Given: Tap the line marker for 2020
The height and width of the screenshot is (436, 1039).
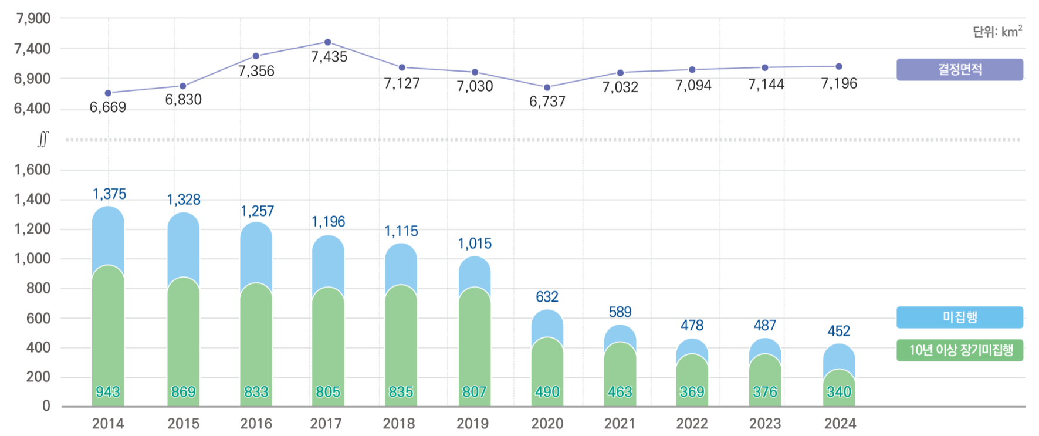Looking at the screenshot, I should tap(547, 87).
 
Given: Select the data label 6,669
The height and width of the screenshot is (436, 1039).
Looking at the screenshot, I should tap(108, 107).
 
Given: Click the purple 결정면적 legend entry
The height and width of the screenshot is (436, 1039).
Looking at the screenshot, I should tap(959, 69).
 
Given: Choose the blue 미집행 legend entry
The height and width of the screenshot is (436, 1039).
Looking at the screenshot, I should tap(959, 317).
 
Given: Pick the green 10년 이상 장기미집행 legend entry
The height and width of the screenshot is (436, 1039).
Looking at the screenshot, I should tap(959, 350).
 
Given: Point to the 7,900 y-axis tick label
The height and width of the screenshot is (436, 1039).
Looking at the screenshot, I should tap(33, 19).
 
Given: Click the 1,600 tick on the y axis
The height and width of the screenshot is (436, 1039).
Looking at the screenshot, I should tap(33, 170).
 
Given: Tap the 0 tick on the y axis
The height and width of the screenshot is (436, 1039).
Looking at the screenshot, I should tap(46, 406).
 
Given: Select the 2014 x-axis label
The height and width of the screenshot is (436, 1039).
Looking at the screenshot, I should tap(108, 424).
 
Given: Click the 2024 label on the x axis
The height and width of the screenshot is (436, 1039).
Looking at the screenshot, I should tap(840, 424).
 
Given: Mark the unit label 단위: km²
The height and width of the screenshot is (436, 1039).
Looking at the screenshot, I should tap(997, 32).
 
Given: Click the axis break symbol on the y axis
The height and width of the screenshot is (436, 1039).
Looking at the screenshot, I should tap(43, 140).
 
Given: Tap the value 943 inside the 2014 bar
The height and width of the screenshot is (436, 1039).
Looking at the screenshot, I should tap(108, 391).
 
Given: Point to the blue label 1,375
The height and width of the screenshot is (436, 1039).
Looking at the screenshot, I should tap(109, 194).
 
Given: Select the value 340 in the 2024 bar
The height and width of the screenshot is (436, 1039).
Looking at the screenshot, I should tap(839, 391).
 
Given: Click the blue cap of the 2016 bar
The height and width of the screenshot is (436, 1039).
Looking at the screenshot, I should tap(256, 252).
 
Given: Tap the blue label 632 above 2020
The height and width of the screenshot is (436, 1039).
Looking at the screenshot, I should tap(547, 297).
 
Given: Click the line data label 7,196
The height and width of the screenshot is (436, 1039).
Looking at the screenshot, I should tap(839, 84).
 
